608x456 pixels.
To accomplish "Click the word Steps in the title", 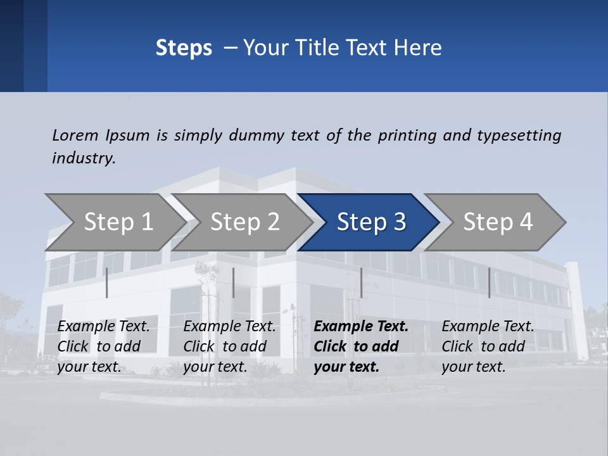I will [184, 48].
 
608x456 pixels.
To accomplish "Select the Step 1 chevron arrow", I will [114, 222].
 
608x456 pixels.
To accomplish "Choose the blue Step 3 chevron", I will [371, 222].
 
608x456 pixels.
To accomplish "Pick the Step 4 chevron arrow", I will [498, 222].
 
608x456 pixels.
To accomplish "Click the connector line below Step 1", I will [107, 282].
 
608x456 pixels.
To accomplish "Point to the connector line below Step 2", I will [234, 282].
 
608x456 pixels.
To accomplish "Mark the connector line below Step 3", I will [361, 282].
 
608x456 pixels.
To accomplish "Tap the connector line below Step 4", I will [489, 282].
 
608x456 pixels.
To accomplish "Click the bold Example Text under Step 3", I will [361, 346].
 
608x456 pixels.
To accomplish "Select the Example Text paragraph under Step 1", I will [104, 346].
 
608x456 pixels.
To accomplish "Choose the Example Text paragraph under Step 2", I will [229, 346].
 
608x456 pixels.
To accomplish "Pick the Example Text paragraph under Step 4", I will [488, 346].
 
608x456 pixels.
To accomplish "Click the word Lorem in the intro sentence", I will [75, 135].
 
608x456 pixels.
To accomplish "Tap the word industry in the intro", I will [83, 158].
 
